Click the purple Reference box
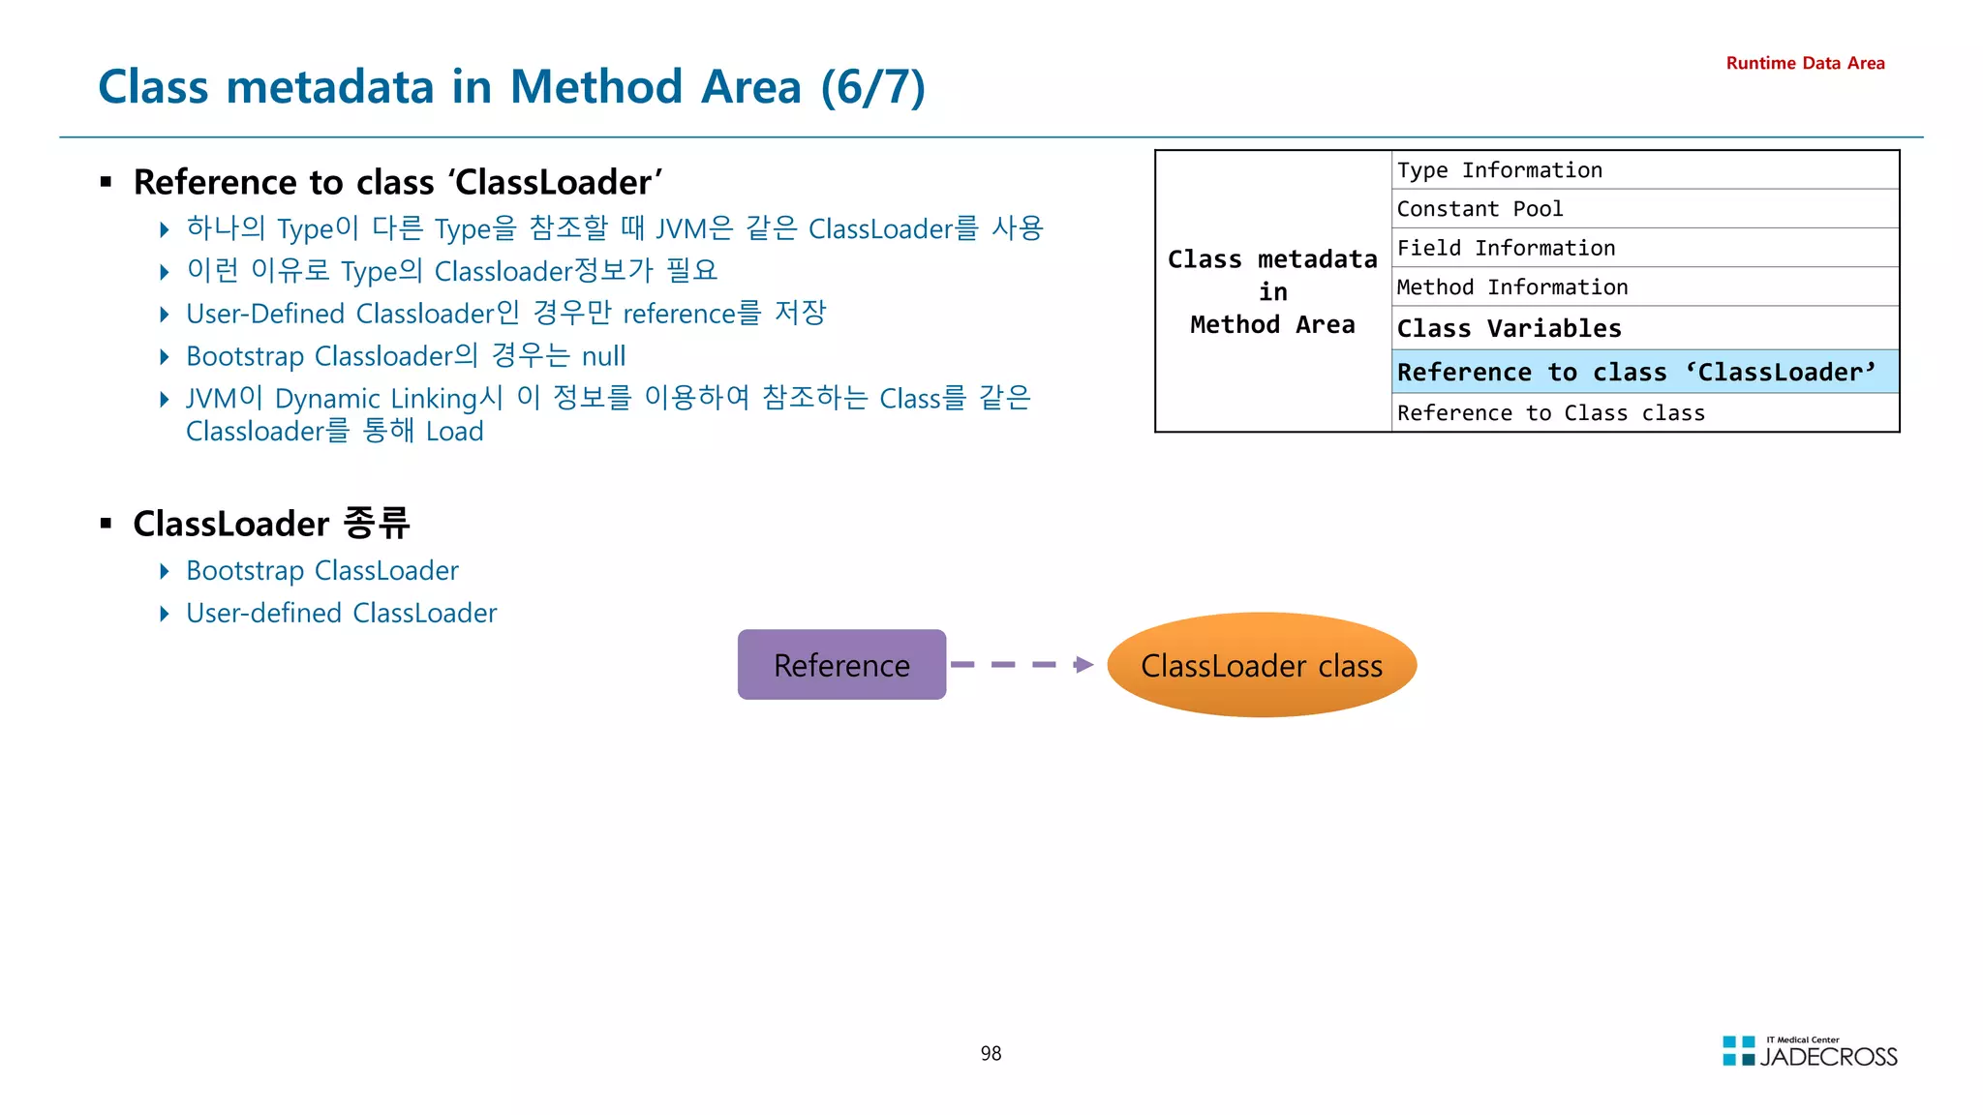click(x=841, y=665)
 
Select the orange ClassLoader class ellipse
click(x=1261, y=665)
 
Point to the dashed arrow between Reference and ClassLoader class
click(x=1022, y=665)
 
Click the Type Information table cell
click(x=1644, y=170)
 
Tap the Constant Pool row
click(x=1644, y=209)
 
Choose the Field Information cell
click(x=1644, y=249)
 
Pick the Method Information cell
click(x=1644, y=287)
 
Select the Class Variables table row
click(x=1644, y=328)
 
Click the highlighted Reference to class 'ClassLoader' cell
click(x=1644, y=373)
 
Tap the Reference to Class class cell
click(x=1644, y=413)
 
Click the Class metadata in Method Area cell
click(x=1272, y=291)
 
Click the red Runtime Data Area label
click(x=1805, y=63)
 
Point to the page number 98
click(x=991, y=1053)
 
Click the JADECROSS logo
click(x=1810, y=1052)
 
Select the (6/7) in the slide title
click(x=872, y=87)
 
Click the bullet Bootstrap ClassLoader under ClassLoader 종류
click(x=321, y=571)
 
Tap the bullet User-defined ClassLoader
click(x=341, y=614)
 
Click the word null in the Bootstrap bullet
click(x=603, y=356)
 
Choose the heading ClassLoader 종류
click(x=271, y=524)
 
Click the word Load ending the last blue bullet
click(x=454, y=432)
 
